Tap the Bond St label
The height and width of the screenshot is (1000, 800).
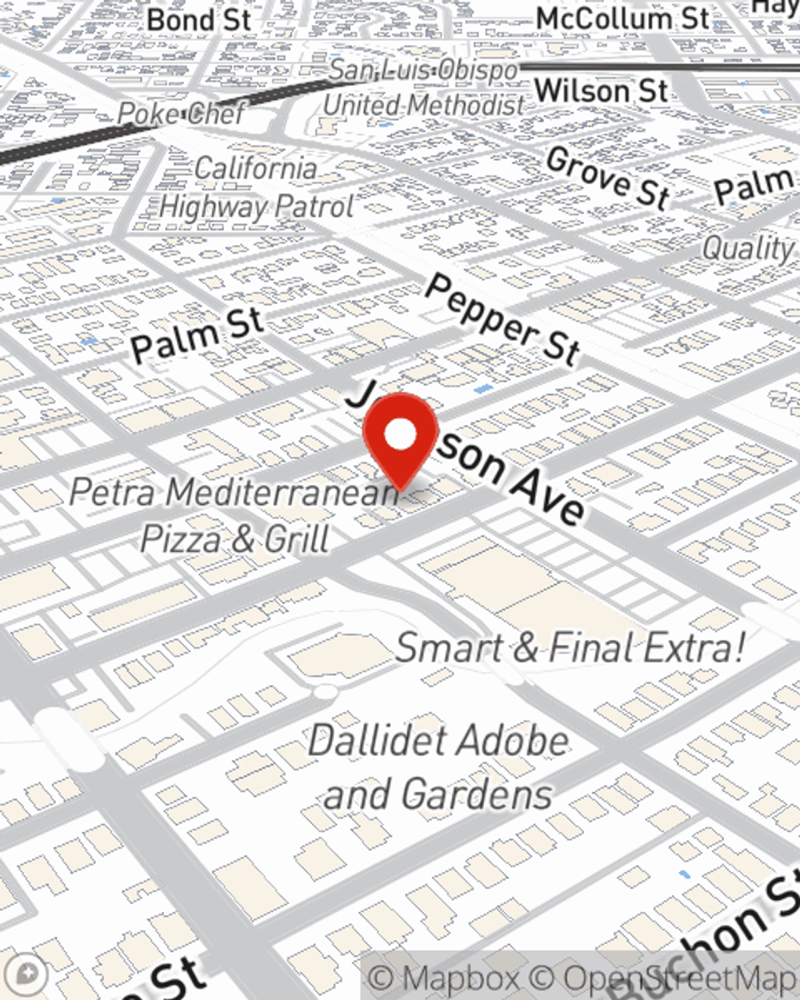click(x=198, y=19)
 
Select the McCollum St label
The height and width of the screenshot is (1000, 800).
click(x=622, y=19)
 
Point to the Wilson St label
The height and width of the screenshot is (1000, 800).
click(x=601, y=90)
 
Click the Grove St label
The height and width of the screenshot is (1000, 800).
click(x=608, y=178)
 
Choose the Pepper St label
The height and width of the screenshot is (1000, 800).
click(x=502, y=319)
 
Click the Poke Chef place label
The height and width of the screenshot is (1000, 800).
click(x=181, y=114)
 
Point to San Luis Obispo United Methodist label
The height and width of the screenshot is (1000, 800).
click(x=424, y=87)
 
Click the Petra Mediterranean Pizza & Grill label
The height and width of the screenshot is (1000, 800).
click(x=234, y=514)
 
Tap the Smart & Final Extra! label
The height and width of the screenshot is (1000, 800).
click(x=570, y=647)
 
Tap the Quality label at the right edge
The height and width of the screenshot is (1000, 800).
click(x=749, y=249)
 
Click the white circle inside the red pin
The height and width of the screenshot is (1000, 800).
click(x=400, y=434)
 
